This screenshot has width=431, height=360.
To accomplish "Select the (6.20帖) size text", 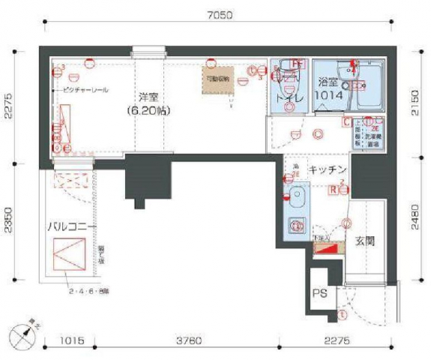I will click(149, 110).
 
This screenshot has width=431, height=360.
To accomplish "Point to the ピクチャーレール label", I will click(84, 90).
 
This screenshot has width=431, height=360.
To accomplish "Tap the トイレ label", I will click(289, 97).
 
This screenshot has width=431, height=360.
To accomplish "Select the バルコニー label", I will click(71, 225).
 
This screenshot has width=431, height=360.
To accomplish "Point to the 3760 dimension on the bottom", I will click(187, 340).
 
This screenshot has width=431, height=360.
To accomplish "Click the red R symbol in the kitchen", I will click(332, 190).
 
